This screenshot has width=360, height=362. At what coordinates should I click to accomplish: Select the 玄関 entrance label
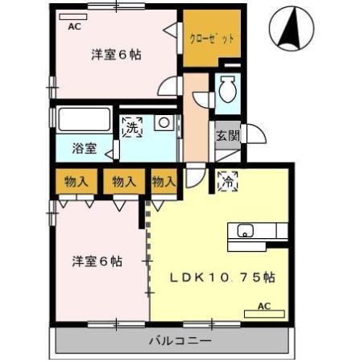coord(226,135)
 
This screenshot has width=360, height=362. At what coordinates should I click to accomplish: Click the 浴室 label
coord(84,149)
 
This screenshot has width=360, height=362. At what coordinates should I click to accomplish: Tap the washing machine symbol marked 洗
coord(131,127)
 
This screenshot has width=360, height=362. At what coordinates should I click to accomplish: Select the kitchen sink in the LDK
coord(245,232)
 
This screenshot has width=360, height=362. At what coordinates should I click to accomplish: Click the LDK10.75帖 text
coord(222,278)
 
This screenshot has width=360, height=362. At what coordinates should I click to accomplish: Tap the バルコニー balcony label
coord(179,340)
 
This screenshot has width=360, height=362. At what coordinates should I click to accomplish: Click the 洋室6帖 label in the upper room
coord(116,55)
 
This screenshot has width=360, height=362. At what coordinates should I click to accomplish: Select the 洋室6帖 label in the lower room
coord(97,261)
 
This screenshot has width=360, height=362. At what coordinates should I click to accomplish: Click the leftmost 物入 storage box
coord(77,182)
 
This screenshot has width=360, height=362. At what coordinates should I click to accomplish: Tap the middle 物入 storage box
coord(124,182)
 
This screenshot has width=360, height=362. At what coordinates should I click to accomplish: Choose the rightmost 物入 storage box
coord(164,182)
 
